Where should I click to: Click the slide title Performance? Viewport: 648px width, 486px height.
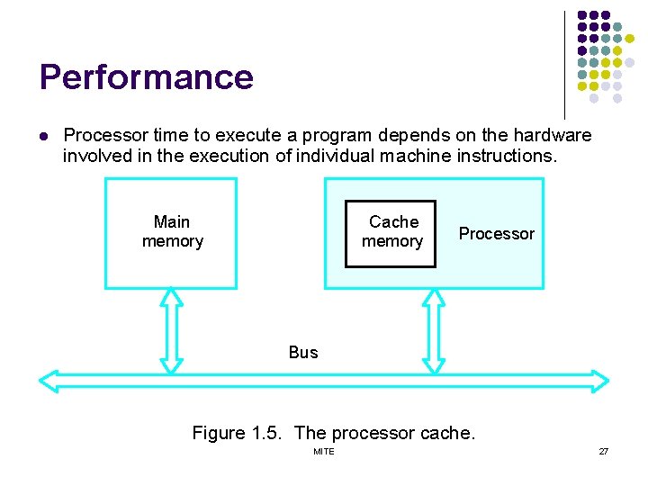146,77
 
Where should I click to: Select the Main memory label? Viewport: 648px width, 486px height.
172,231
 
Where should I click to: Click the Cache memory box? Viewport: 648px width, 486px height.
391,233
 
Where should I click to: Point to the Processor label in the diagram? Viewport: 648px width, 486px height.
496,234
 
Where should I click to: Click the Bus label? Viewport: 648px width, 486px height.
303,353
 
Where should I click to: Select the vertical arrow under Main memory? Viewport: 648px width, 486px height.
171,330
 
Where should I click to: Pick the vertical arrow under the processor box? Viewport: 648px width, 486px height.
434,330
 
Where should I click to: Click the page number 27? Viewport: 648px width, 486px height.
603,451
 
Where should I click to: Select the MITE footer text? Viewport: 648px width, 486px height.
323,451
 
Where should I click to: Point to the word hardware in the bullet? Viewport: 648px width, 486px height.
552,136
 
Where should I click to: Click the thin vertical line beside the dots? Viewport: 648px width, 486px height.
564,63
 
